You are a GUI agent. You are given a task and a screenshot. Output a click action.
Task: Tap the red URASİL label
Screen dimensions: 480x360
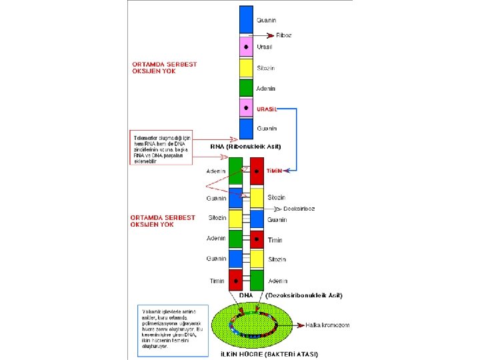point(267,109)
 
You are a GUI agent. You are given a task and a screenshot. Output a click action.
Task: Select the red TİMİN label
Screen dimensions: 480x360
point(275,171)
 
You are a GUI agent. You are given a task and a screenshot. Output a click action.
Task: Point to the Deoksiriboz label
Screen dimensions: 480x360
point(299,209)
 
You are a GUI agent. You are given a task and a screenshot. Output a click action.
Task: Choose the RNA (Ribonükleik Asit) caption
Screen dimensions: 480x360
point(245,146)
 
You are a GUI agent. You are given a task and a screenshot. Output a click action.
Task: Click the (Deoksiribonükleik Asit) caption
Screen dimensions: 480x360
point(304,295)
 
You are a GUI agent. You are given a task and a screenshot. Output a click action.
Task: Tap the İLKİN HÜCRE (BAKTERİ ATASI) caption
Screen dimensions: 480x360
point(269,353)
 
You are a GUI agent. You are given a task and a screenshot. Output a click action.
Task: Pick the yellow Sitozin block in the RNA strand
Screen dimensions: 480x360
point(246,67)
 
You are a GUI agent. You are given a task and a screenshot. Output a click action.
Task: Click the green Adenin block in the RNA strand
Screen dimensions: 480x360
point(246,88)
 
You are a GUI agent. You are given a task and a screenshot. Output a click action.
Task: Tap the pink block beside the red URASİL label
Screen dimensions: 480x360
point(246,108)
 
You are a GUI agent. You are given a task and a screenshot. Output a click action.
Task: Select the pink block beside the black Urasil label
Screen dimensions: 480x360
point(246,47)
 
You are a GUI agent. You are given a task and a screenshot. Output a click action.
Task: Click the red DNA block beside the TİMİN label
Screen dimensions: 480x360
point(257,171)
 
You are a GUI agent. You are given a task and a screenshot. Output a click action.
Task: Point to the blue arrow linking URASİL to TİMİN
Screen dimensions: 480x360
point(295,137)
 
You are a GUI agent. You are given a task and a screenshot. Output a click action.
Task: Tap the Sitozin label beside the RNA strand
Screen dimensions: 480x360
point(267,68)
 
